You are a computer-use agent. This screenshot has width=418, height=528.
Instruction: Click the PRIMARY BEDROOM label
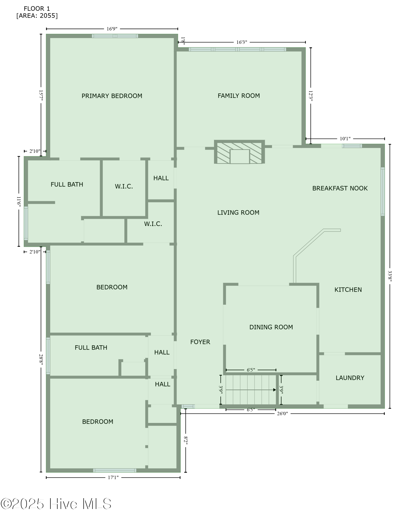(x=112, y=96)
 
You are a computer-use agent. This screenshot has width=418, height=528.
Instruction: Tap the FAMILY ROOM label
(x=239, y=96)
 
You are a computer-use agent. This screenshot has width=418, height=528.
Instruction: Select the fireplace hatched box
(x=239, y=152)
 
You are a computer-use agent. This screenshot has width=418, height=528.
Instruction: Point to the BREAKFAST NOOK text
(x=340, y=188)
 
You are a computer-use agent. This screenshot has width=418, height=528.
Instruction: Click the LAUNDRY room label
(x=350, y=378)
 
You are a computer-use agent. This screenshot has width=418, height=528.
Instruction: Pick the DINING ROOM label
(x=271, y=327)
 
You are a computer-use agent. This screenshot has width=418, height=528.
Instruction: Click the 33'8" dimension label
(x=390, y=276)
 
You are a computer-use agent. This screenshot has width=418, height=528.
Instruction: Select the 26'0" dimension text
(x=282, y=414)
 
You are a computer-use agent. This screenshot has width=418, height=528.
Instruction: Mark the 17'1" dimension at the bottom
(x=113, y=477)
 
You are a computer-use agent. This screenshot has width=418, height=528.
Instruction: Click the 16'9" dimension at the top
(x=112, y=29)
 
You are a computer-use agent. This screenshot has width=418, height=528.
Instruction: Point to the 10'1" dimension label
(x=345, y=139)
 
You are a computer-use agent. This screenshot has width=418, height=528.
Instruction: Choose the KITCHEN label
(x=348, y=290)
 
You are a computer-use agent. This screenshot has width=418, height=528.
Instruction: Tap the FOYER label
(x=200, y=342)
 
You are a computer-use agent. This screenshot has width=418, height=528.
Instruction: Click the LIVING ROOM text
(x=238, y=213)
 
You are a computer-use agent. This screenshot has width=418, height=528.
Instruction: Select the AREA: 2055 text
(x=37, y=16)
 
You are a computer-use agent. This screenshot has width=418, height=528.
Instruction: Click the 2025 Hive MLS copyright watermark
(x=56, y=504)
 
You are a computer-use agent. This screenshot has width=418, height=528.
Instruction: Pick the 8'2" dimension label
(x=186, y=440)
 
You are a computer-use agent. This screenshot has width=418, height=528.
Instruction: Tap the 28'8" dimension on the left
(x=41, y=359)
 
